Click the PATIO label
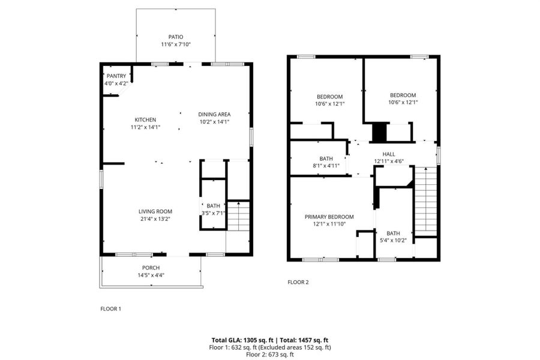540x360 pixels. coord(175,37)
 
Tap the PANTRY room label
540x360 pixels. coord(116,76)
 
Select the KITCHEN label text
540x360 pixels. coord(145,120)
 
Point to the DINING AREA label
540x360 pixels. coord(214,115)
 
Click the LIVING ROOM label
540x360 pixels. coord(155,211)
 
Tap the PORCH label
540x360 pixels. coord(151,268)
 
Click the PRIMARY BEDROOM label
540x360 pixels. coord(329,217)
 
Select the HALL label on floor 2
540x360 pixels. coord(389,154)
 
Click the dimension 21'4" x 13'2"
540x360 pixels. coord(155,219)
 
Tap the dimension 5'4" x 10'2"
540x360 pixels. coord(393,241)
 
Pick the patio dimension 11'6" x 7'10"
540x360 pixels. coord(175,44)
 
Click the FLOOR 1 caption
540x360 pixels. coord(110,308)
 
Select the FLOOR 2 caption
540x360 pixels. coord(298,282)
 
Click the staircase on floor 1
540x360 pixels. coord(238,216)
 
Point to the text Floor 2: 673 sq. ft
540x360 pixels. coord(269,355)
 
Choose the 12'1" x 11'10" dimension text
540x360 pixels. coord(329,224)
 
